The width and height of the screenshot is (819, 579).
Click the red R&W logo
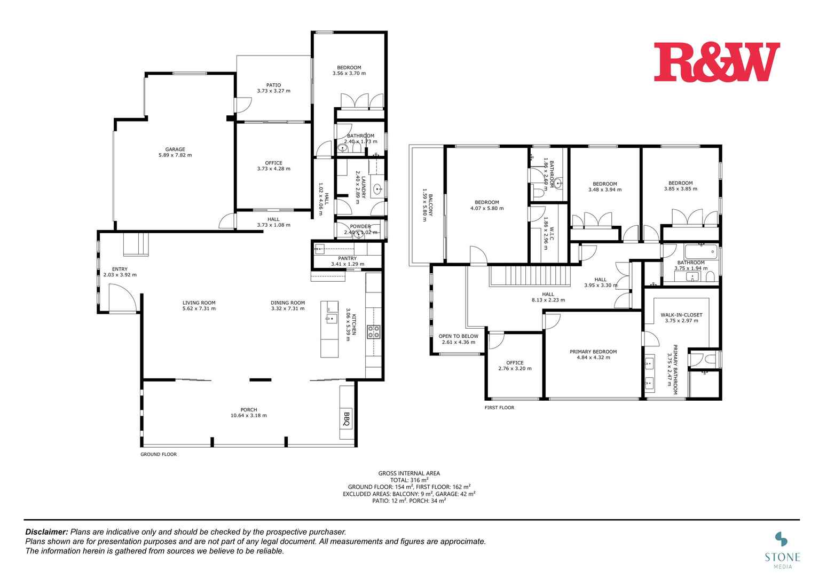(x=716, y=62)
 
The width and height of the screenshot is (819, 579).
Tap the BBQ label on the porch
(x=346, y=418)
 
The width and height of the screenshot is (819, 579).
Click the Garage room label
(x=175, y=149)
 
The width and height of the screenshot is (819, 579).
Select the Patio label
(x=273, y=85)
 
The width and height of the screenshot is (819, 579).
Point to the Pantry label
(x=347, y=258)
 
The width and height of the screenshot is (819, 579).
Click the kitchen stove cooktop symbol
(x=373, y=332)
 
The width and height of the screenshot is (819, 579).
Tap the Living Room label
(x=199, y=303)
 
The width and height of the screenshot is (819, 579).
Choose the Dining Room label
(x=288, y=303)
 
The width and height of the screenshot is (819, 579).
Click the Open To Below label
(x=458, y=336)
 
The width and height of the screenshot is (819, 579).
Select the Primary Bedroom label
(x=593, y=352)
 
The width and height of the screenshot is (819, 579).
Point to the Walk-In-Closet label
(x=681, y=315)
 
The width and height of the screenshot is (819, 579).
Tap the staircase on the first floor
(x=530, y=276)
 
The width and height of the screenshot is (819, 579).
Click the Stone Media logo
(x=782, y=547)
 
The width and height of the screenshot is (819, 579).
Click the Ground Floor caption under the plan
(x=159, y=455)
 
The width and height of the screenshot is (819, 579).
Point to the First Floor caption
(x=499, y=408)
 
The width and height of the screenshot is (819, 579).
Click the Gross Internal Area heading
(x=409, y=473)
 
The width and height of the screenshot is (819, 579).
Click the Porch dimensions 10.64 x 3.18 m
(x=249, y=416)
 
